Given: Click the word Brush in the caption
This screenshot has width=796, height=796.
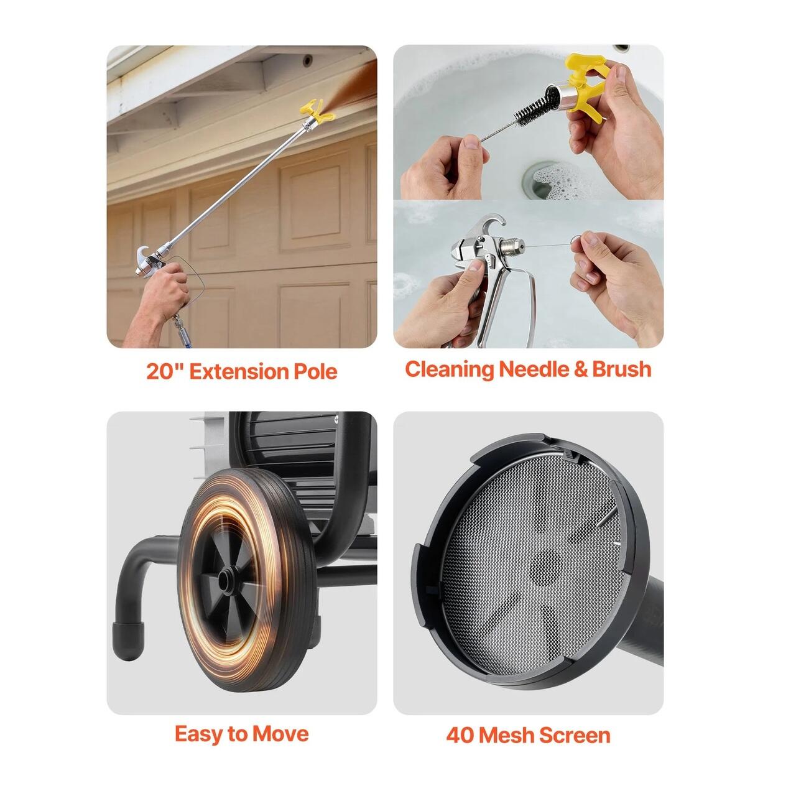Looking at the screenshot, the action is click(x=622, y=369).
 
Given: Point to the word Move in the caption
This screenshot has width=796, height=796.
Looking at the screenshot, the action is click(x=280, y=734).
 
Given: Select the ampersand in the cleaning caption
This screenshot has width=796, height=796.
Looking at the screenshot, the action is click(x=580, y=369).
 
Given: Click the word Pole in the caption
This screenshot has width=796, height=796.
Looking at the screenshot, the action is click(x=315, y=371).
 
